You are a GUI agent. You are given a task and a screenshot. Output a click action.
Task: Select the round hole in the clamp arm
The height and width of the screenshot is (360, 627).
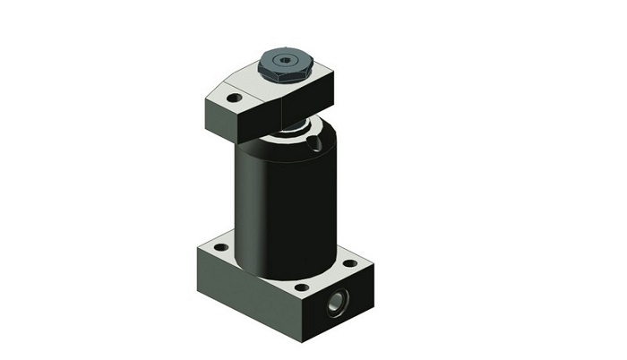point(234,97)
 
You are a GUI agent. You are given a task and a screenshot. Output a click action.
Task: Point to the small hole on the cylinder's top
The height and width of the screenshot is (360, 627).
point(312,141)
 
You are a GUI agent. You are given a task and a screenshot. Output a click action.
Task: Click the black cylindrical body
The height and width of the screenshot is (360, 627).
point(285,206)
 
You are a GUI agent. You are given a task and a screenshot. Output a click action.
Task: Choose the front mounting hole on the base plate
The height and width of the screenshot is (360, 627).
point(302,287)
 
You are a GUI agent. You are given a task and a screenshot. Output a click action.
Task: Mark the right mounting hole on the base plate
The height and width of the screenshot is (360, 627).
point(350,263)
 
